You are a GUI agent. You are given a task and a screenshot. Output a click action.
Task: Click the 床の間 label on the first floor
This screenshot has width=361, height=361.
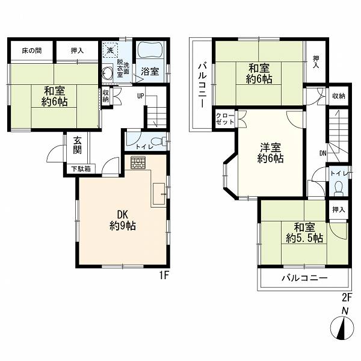point(32,51)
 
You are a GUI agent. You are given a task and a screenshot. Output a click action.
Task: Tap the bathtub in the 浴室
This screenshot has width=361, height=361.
point(150,51)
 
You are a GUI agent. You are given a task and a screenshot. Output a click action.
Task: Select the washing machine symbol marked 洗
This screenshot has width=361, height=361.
point(110,50)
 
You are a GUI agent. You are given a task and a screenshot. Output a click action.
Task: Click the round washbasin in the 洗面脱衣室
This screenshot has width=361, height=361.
point(108,73)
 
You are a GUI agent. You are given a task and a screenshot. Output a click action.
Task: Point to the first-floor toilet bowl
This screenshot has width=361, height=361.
point(160,141)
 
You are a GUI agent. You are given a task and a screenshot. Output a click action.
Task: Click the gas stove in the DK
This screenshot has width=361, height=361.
point(138,162)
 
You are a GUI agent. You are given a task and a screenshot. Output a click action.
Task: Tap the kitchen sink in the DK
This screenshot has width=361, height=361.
point(159,193)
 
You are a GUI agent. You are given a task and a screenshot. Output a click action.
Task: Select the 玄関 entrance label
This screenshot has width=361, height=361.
point(78,145)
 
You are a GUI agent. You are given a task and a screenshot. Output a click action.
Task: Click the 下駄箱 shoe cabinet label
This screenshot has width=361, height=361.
point(81,169)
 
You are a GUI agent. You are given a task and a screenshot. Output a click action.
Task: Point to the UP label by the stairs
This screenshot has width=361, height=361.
point(141,96)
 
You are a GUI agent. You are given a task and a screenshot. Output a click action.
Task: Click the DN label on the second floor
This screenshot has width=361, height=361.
point(322,153)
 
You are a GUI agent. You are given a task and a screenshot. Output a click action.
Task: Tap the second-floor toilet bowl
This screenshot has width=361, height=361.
point(338,187)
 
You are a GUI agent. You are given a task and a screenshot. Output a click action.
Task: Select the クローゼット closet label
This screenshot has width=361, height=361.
point(225,119)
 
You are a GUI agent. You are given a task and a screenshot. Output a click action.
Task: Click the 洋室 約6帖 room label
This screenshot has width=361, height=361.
point(270,153)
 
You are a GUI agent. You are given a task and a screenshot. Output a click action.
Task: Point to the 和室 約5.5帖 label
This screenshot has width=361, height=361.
point(304,233)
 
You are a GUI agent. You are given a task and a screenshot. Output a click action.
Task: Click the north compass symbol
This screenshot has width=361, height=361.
point(342,327)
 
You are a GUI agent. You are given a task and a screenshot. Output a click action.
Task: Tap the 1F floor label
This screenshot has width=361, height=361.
point(165,275)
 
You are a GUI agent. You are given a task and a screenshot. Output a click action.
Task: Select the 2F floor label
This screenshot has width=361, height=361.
point(347,298)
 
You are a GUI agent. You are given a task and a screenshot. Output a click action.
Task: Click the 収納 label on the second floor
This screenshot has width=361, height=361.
point(339,96)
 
